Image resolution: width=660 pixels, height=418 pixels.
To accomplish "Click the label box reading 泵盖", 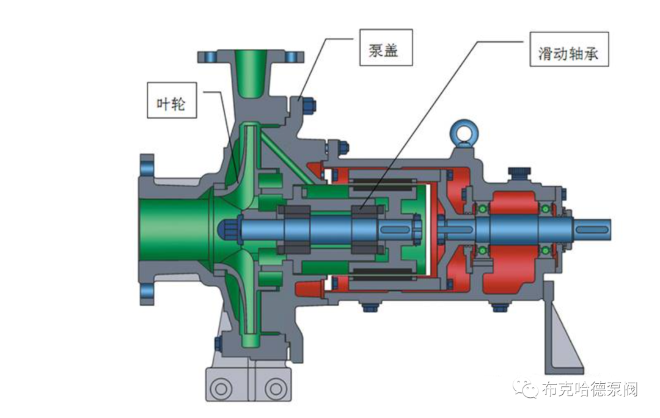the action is tap(386, 47).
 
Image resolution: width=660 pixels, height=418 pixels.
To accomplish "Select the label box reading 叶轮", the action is tap(172, 100).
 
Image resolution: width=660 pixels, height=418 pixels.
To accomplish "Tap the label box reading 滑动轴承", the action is tap(569, 49).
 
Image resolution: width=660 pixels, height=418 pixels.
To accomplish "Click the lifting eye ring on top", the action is tap(462, 131).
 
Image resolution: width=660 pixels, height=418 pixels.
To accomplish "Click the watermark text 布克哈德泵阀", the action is tap(590, 389).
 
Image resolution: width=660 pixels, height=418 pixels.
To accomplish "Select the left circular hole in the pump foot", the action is tap(221, 387).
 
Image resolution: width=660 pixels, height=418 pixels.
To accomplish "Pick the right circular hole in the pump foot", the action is tap(275, 387).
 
